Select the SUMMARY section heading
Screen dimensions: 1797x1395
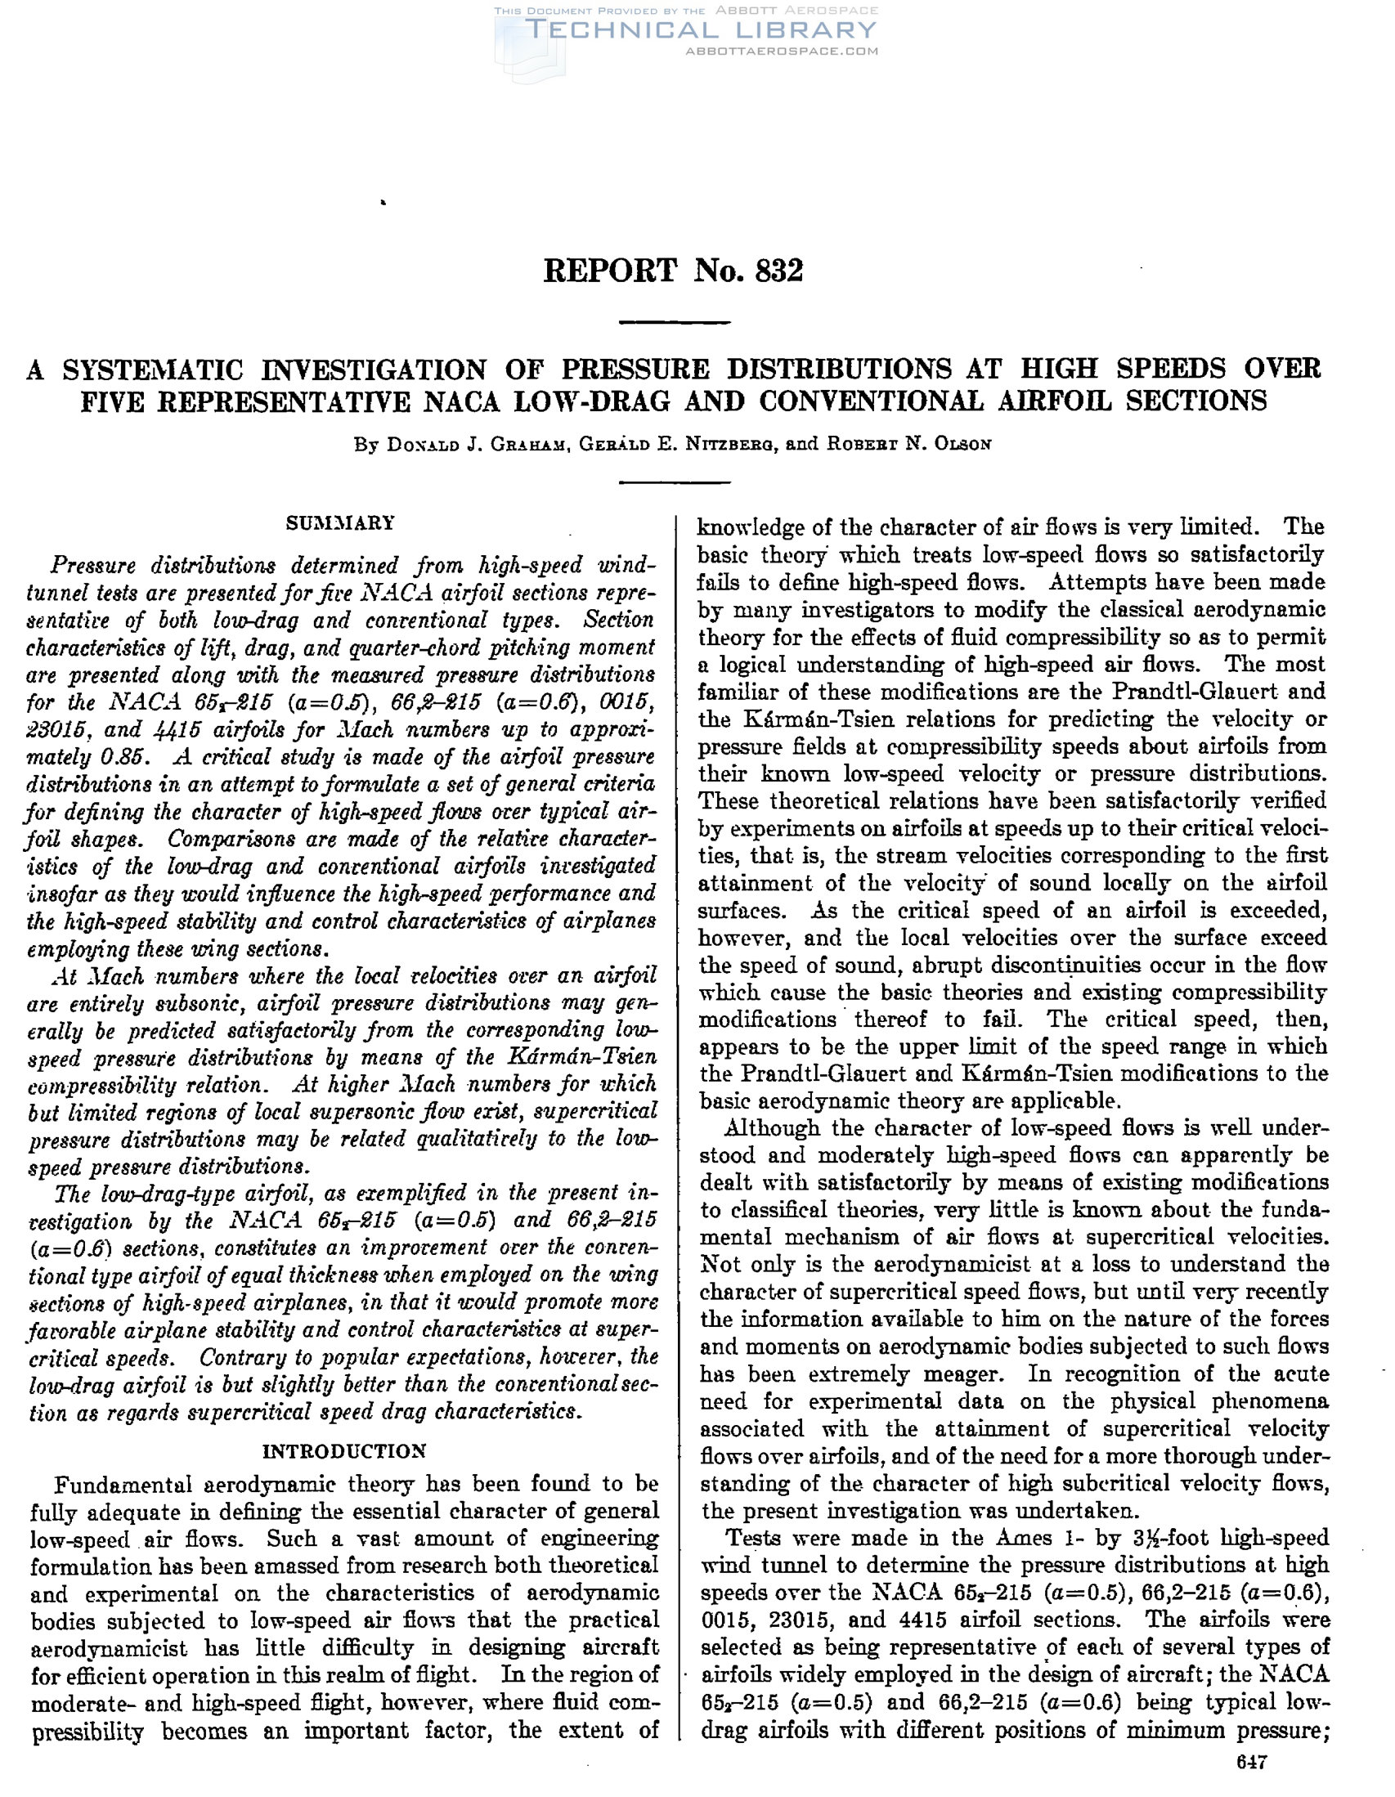click(x=340, y=523)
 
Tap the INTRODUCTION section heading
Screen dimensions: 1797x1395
click(x=344, y=1450)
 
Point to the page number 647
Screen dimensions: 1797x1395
click(x=1252, y=1763)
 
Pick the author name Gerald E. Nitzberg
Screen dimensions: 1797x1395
click(x=676, y=444)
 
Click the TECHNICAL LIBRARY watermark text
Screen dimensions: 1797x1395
click(x=700, y=30)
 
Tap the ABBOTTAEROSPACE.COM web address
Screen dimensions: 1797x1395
click(x=781, y=51)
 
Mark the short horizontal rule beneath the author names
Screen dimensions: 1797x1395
click(x=674, y=483)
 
